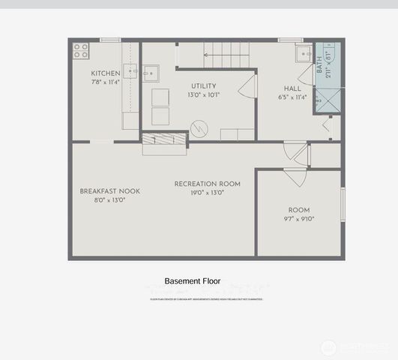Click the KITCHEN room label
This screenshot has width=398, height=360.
pyautogui.click(x=106, y=73)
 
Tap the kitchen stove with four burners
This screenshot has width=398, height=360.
pyautogui.click(x=80, y=51)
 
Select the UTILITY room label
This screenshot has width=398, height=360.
pyautogui.click(x=203, y=86)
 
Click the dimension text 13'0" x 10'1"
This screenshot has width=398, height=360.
pyautogui.click(x=203, y=94)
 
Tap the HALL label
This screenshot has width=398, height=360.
pyautogui.click(x=292, y=88)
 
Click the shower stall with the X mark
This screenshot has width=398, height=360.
pyautogui.click(x=327, y=100)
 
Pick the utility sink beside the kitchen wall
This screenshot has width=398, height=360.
pyautogui.click(x=150, y=73)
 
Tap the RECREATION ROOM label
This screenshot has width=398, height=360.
pyautogui.click(x=208, y=184)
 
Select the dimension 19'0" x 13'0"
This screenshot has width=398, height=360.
pyautogui.click(x=208, y=193)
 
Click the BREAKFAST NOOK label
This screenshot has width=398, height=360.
pyautogui.click(x=109, y=191)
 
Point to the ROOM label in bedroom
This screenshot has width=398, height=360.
pyautogui.click(x=299, y=210)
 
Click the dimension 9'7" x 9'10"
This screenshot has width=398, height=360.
pyautogui.click(x=299, y=219)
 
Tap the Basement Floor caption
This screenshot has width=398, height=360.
pyautogui.click(x=193, y=281)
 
